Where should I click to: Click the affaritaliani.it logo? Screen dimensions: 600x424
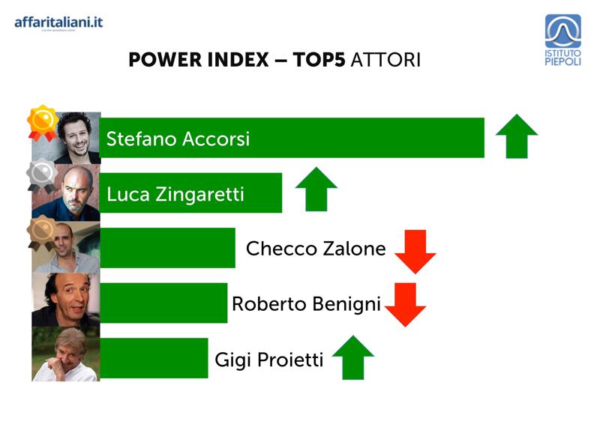point(58,23)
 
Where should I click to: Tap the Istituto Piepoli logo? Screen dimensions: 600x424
point(563,40)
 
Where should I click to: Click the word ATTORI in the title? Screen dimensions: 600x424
point(385,60)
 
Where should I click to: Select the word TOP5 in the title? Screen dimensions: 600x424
point(319,60)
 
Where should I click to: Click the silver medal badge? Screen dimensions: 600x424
point(42,177)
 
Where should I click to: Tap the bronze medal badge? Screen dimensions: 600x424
point(42,232)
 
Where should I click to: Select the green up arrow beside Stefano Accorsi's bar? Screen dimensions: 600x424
point(517,136)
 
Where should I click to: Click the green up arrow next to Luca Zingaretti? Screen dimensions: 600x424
point(316,189)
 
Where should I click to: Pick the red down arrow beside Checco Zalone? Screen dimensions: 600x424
point(415,252)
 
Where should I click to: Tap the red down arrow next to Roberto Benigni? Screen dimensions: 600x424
point(405,305)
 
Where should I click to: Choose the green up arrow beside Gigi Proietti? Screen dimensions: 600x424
point(352,357)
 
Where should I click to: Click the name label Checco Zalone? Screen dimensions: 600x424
point(316,249)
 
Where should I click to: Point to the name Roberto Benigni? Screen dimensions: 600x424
point(306,305)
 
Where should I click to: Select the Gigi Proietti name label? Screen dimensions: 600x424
point(269,360)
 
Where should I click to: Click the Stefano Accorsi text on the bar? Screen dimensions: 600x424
point(178,139)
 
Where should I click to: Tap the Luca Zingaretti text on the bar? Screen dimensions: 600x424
point(175,194)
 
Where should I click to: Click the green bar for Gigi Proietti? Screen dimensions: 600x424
point(154,358)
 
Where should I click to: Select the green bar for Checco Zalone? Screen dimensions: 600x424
point(167,248)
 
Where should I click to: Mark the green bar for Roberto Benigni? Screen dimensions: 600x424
point(163,303)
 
